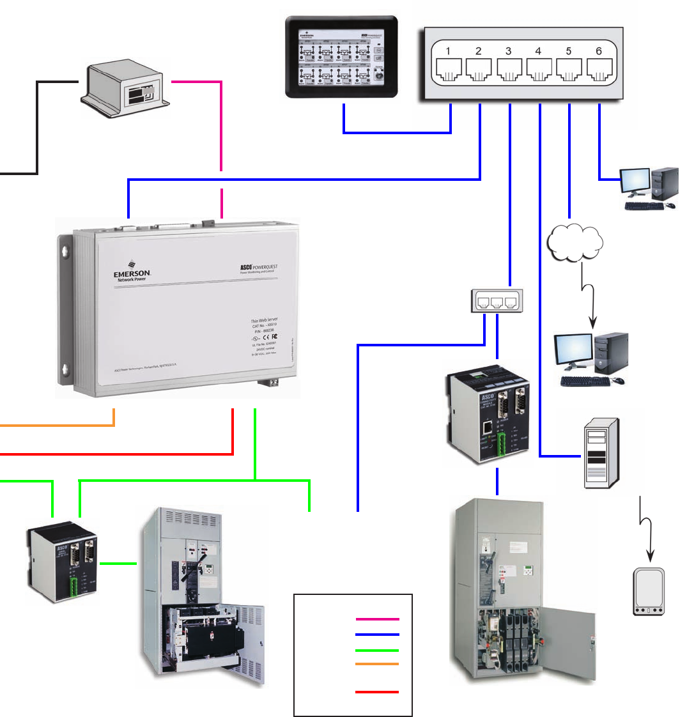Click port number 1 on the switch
pyautogui.click(x=449, y=68)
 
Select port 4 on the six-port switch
pyautogui.click(x=539, y=68)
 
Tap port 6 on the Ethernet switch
pyautogui.click(x=599, y=68)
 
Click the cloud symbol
pyautogui.click(x=576, y=242)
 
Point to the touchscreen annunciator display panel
pyautogui.click(x=341, y=58)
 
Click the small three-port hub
pyautogui.click(x=497, y=301)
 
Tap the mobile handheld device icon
pyautogui.click(x=649, y=592)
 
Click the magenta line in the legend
pyautogui.click(x=378, y=619)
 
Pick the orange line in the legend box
pyautogui.click(x=378, y=665)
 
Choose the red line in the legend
pyautogui.click(x=378, y=692)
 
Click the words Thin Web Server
pyautogui.click(x=264, y=320)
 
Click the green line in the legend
pyautogui.click(x=378, y=650)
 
